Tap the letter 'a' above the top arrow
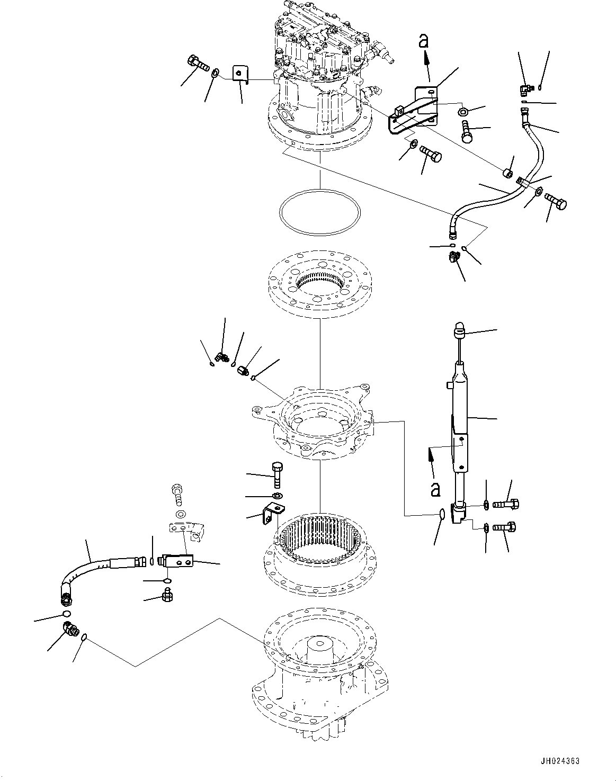pos(423,41)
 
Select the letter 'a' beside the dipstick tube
pos(435,488)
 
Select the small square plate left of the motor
pos(241,74)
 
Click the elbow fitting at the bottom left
pos(70,629)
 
